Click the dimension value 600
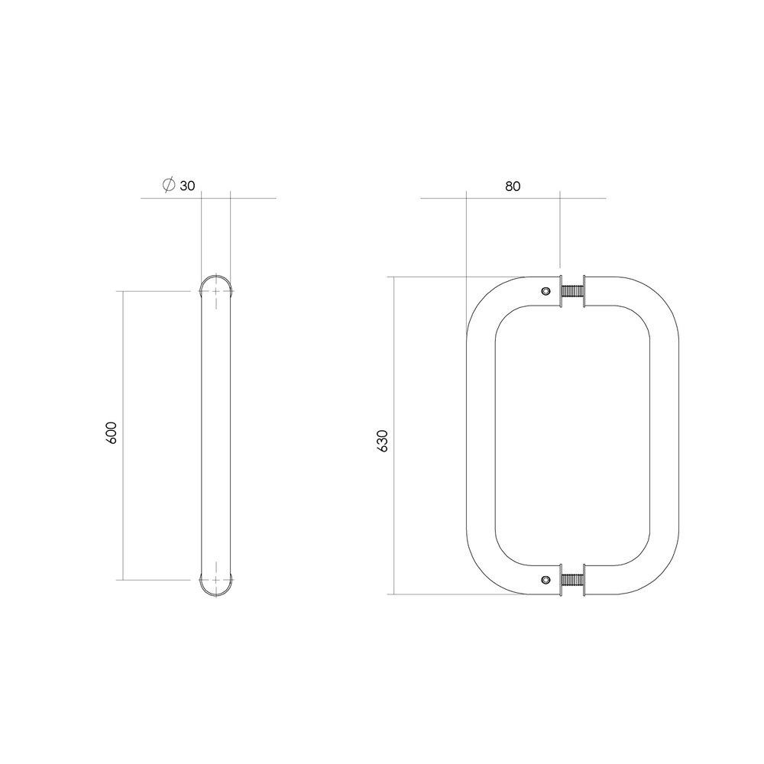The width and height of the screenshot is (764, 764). [112, 434]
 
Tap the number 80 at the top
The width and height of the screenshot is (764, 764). [512, 186]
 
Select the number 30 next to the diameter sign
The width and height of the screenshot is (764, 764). [187, 186]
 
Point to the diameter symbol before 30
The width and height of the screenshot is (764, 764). [169, 185]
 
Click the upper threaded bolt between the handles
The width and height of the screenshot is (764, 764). [571, 291]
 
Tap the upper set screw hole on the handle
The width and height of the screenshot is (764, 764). [545, 291]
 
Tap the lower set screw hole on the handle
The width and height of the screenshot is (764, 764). [545, 580]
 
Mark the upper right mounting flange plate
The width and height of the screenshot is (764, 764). [584, 291]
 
